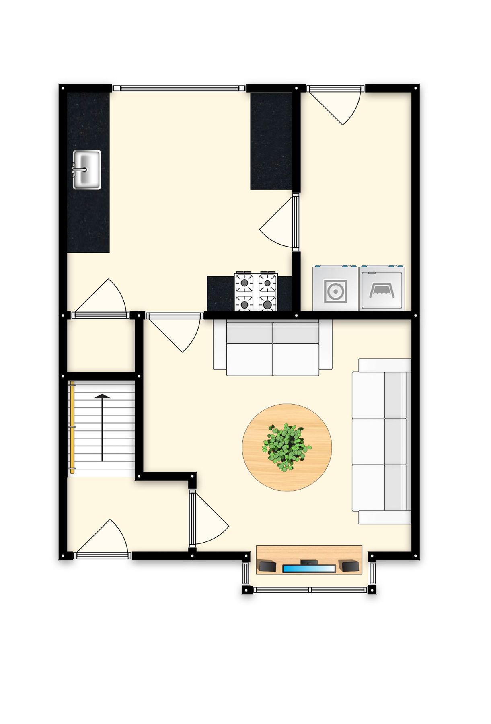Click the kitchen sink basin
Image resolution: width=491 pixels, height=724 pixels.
click(86, 170)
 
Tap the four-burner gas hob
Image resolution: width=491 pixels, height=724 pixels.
click(256, 292)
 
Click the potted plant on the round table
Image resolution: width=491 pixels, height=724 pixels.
click(286, 447)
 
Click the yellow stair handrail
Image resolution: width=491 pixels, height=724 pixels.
click(72, 428)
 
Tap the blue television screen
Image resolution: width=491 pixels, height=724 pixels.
click(309, 568)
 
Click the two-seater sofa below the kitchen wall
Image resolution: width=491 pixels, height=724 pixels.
click(273, 348)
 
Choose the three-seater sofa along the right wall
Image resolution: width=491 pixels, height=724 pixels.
click(382, 441)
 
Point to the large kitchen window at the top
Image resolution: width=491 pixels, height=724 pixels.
click(179, 88)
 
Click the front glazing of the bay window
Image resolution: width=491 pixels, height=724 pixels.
click(310, 590)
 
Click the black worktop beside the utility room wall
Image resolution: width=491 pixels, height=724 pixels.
click(271, 141)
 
